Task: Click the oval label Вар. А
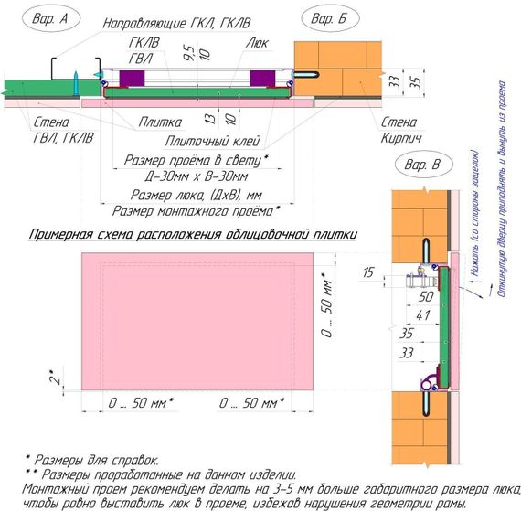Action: click(51, 18)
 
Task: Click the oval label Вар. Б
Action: click(330, 18)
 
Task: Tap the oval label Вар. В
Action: click(423, 165)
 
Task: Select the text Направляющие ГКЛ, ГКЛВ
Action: click(176, 23)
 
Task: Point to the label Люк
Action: click(257, 43)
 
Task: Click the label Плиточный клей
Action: click(212, 142)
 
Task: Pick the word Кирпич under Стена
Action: click(401, 137)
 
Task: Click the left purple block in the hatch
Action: click(132, 79)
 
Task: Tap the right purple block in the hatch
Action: click(262, 79)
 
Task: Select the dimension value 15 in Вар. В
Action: click(367, 272)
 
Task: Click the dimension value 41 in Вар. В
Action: click(423, 315)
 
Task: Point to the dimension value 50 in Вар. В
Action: click(426, 297)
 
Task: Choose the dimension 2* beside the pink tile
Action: click(56, 378)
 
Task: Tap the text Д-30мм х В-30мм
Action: click(196, 176)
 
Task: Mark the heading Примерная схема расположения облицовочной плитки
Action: click(193, 234)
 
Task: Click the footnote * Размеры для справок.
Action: click(92, 461)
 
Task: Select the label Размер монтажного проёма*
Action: click(196, 211)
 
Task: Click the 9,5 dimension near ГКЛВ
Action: click(189, 53)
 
